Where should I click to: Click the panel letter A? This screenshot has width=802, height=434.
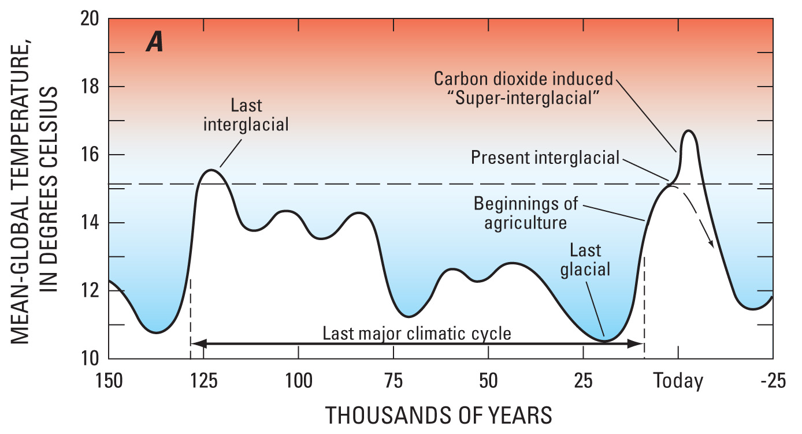coord(154,44)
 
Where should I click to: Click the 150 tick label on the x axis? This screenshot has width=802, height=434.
coord(109,381)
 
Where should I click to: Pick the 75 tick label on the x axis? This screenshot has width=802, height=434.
coord(393,381)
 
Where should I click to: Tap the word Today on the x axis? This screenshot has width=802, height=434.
coord(678,381)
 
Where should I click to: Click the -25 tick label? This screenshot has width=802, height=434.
coord(773,381)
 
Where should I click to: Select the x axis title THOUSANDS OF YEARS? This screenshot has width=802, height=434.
coord(439,416)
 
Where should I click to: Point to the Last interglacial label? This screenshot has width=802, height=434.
coord(246,115)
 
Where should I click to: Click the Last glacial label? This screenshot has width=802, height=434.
coord(585,260)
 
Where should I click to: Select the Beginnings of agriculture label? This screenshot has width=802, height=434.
coord(525,213)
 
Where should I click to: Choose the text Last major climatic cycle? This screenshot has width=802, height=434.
coord(417,334)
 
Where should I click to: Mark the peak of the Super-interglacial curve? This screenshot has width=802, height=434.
coord(688,131)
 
